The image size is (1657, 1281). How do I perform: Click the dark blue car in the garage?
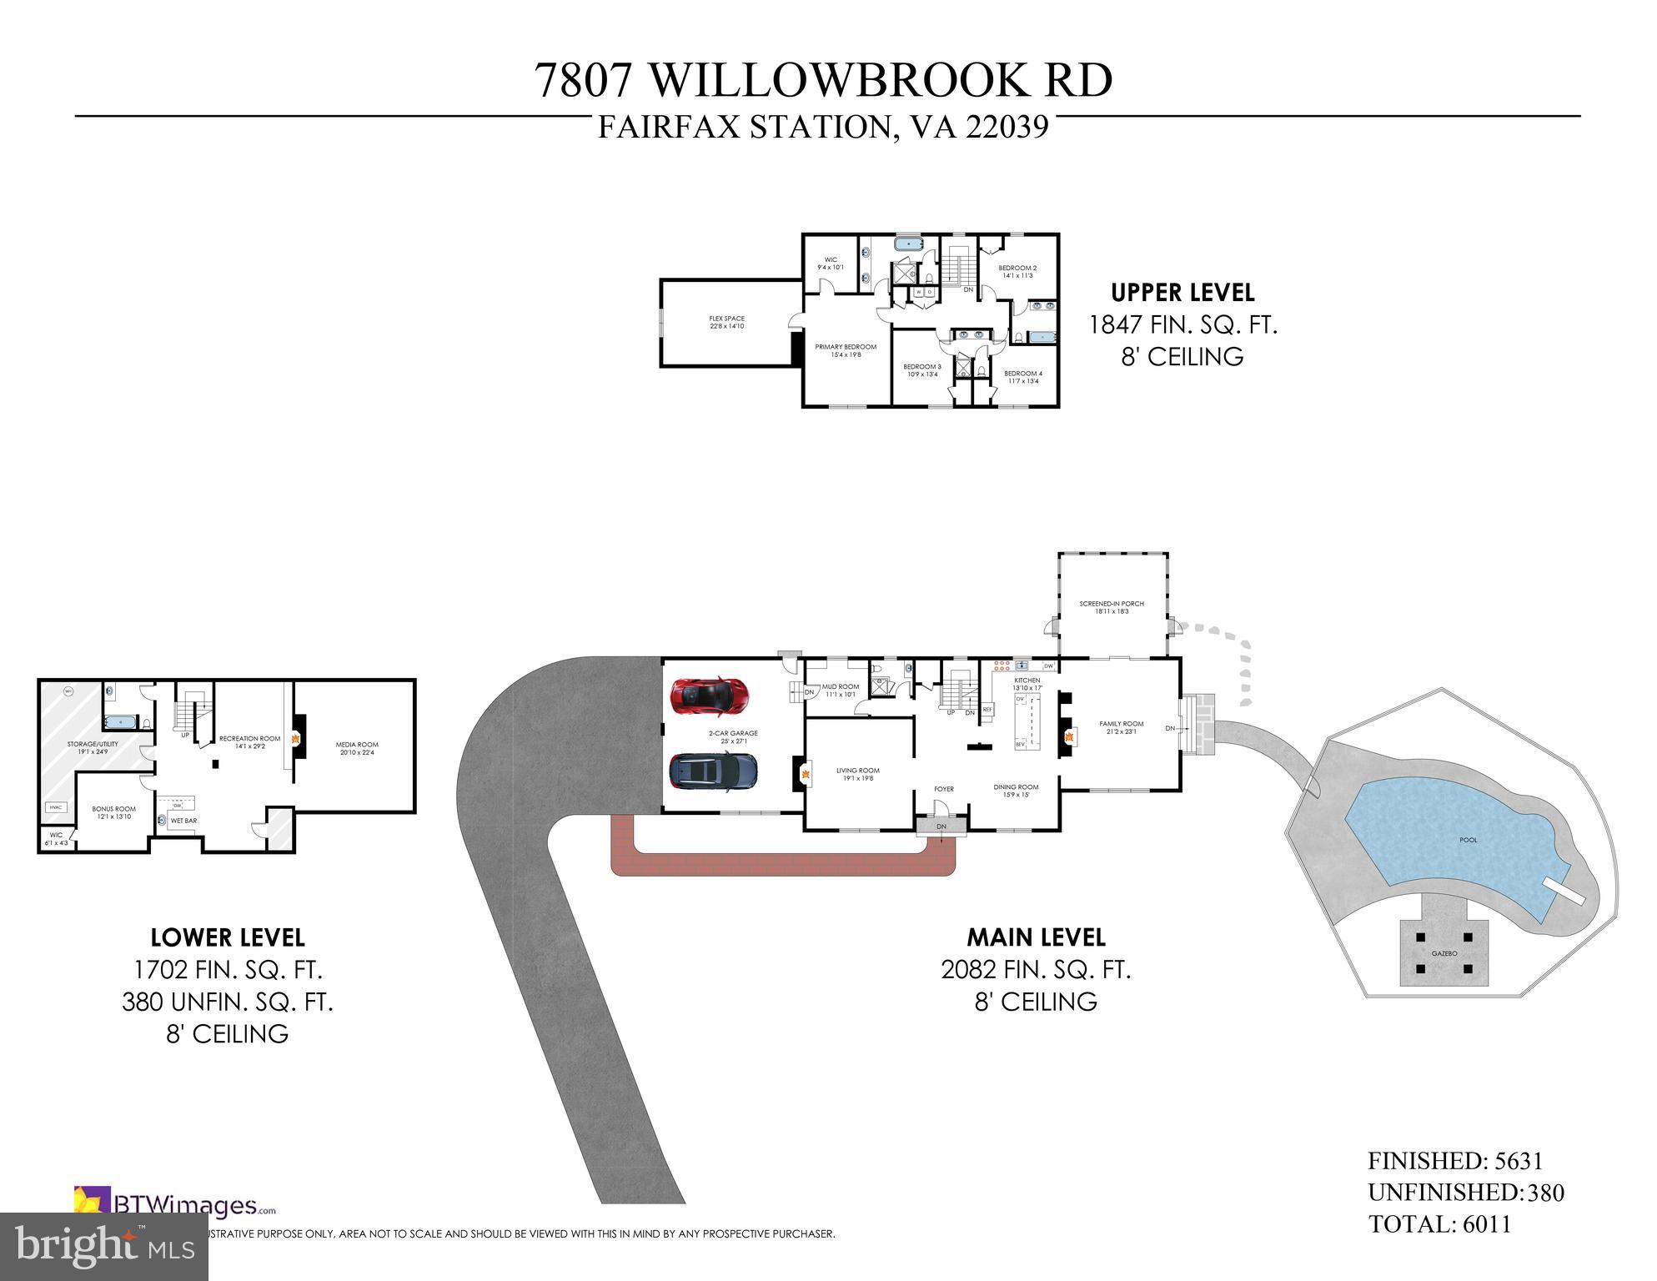click(714, 771)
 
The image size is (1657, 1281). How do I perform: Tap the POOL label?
click(1468, 840)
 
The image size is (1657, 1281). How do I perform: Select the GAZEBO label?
click(1444, 952)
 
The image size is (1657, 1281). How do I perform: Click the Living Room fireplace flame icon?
click(806, 774)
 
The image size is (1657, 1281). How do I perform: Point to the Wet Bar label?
click(183, 821)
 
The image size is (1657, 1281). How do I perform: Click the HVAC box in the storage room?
click(57, 807)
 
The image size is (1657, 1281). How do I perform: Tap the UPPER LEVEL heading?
click(1182, 293)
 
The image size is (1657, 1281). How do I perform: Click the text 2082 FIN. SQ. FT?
click(1036, 970)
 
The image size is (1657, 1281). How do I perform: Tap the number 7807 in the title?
click(583, 81)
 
